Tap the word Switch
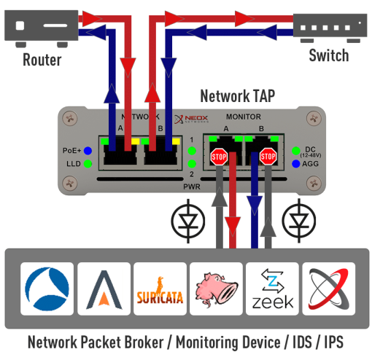pyautogui.click(x=328, y=55)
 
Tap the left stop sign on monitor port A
pyautogui.click(x=218, y=157)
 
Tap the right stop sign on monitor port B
pyautogui.click(x=268, y=157)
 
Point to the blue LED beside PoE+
pyautogui.click(x=88, y=151)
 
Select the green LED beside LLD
pyautogui.click(x=88, y=165)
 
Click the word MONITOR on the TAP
pyautogui.click(x=243, y=117)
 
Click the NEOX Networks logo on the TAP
pyautogui.click(x=191, y=118)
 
